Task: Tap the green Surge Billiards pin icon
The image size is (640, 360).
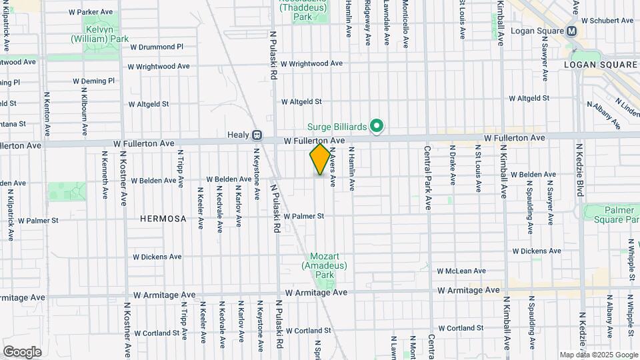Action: click(377, 126)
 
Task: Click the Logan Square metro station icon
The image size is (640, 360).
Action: click(571, 31)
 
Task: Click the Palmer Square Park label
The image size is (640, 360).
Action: click(611, 214)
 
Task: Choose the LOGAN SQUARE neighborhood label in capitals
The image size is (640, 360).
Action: click(601, 65)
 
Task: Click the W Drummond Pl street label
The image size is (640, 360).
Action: click(156, 47)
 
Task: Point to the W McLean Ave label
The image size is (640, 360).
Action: click(462, 271)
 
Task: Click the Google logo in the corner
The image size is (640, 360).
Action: click(22, 351)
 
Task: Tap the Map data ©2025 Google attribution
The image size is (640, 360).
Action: click(599, 355)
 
